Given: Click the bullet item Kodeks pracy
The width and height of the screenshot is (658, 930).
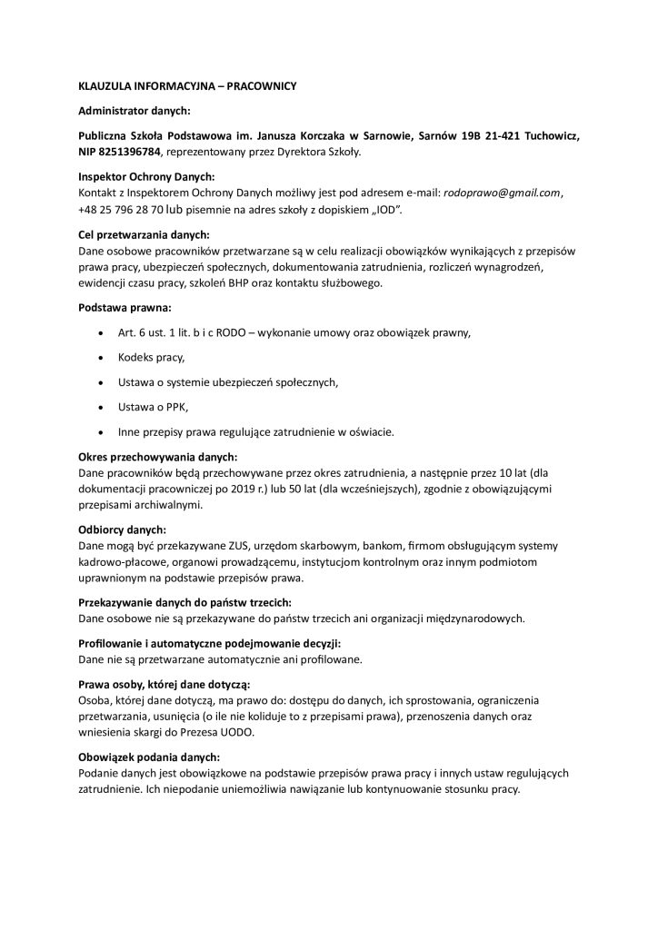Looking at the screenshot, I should (x=151, y=359).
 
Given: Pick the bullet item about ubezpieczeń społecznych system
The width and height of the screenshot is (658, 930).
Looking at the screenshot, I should (x=227, y=382).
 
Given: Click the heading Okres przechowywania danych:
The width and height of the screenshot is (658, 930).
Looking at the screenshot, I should (x=157, y=456).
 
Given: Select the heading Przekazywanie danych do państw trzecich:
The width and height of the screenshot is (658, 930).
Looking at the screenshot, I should (x=185, y=602).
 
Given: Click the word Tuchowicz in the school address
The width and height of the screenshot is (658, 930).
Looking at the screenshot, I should (x=547, y=135).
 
